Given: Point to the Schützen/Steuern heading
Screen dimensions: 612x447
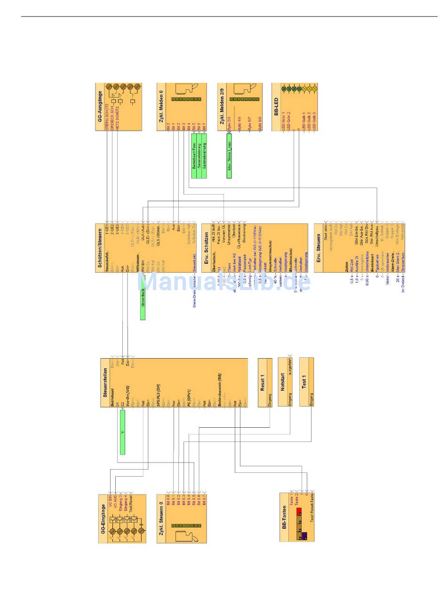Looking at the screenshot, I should [100, 247].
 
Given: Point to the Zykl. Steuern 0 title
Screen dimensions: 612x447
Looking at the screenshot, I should [161, 517].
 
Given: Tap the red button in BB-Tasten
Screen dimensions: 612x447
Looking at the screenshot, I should [298, 511].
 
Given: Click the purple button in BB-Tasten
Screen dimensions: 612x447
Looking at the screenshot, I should [304, 535].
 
